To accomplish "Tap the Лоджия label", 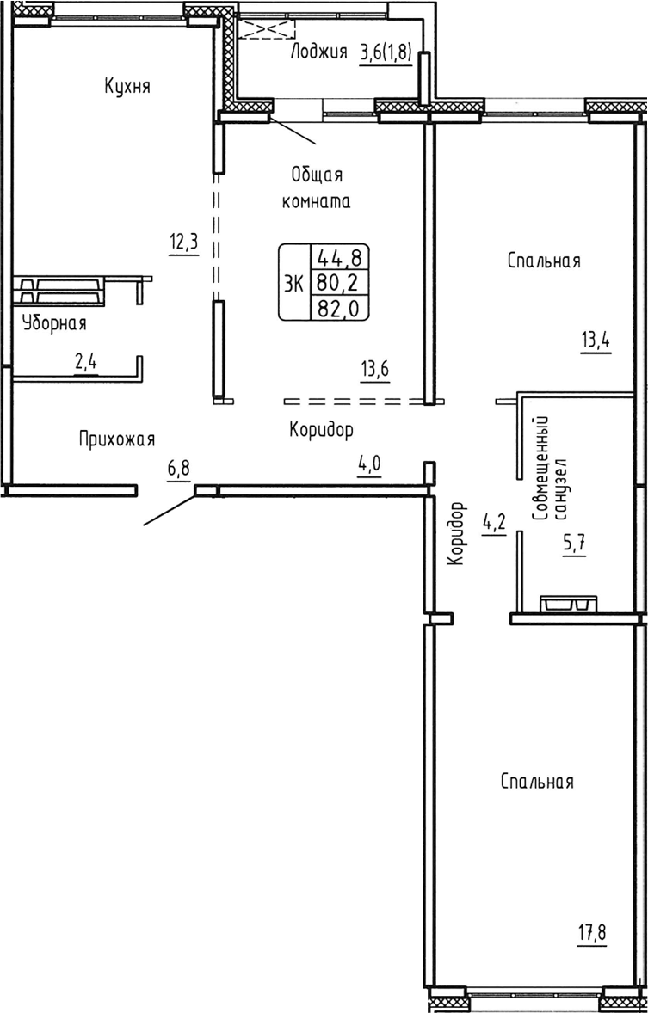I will (319, 52).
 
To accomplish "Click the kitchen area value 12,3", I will (183, 242).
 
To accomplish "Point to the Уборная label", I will (54, 323).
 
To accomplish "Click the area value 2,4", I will (86, 363).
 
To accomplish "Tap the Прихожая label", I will (116, 439).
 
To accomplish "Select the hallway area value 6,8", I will (179, 469).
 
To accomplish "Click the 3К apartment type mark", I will (293, 282).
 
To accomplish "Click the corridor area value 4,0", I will (369, 466).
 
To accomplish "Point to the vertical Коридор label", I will (456, 533).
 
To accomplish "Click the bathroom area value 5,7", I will (574, 545).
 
